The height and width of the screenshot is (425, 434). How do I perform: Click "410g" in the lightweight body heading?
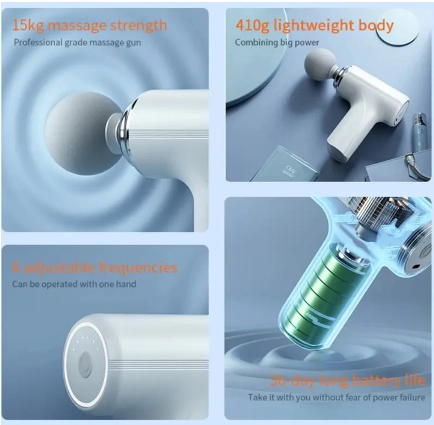[x=252, y=26]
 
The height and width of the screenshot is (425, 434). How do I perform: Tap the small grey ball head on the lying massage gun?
[x=320, y=65]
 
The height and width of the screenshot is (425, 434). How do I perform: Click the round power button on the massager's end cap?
[x=85, y=365]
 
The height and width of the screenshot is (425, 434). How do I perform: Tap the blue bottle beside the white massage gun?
[x=420, y=132]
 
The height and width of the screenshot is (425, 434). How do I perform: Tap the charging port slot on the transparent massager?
[x=415, y=267]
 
